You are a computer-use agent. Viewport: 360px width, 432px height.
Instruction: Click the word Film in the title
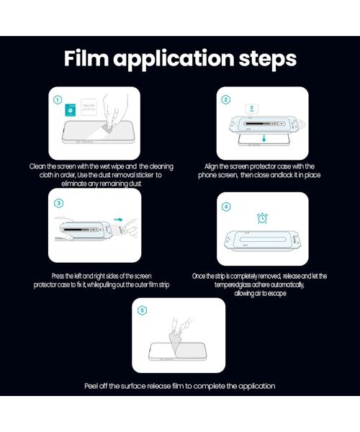click(x=86, y=58)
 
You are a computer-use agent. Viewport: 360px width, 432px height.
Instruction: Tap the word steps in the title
click(x=267, y=58)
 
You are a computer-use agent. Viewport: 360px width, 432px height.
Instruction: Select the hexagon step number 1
click(x=58, y=100)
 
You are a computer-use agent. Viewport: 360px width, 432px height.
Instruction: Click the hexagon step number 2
click(x=226, y=99)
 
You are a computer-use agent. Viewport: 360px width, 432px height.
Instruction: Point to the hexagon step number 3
click(x=58, y=203)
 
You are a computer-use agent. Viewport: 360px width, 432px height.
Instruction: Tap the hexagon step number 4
click(x=226, y=207)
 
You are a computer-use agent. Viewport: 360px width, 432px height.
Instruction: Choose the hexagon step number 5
click(x=142, y=310)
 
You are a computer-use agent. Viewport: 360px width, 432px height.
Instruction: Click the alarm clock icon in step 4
click(x=262, y=218)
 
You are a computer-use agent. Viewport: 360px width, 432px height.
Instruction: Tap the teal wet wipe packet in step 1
click(x=71, y=110)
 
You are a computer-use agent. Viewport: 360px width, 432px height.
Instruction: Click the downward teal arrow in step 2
click(x=264, y=138)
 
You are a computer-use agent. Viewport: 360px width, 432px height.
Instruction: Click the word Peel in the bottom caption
click(x=91, y=386)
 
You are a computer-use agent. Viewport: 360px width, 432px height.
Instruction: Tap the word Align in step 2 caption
click(x=211, y=167)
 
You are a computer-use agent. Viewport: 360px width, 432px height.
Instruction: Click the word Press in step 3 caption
click(x=58, y=276)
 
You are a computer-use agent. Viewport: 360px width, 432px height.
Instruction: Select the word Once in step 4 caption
click(x=198, y=276)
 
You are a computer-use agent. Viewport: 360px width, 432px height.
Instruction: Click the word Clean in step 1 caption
click(x=37, y=166)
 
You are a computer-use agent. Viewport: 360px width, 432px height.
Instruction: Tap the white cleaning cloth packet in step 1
click(x=89, y=107)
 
